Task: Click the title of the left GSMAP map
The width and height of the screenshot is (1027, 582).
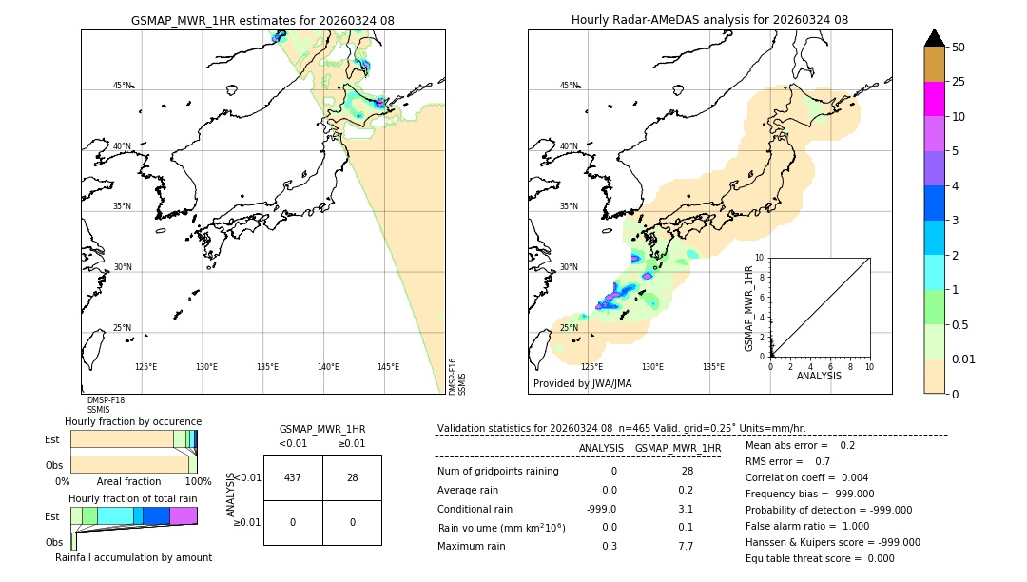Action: coord(262,20)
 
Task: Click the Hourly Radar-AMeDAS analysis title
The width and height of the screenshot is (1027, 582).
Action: coord(709,20)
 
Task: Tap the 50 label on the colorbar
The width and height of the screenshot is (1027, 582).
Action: coord(959,48)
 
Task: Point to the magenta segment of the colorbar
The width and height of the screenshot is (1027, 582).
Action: coord(934,99)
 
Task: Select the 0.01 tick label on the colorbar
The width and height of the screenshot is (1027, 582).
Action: coord(964,359)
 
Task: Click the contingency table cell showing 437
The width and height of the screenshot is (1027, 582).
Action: coord(293,477)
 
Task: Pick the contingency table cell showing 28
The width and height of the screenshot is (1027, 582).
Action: coord(352,477)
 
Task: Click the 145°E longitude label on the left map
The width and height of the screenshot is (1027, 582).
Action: coord(388,367)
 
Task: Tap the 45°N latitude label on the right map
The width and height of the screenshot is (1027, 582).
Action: coord(569,86)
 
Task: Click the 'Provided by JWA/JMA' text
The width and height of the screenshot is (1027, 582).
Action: coord(582,384)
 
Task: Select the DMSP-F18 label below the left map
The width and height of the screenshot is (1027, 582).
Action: coord(106,400)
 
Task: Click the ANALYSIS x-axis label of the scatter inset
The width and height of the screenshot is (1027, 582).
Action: coord(819,376)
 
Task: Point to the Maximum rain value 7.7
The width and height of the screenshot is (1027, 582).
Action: coord(685,546)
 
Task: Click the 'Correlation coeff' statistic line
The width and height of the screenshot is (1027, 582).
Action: coord(805,477)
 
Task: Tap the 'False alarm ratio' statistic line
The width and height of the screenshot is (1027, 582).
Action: coord(805,526)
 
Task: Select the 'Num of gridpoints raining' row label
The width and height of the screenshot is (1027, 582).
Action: coord(498,472)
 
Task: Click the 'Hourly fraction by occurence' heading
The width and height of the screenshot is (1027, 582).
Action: coord(133,421)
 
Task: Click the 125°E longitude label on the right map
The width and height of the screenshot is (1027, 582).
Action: coord(591,367)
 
